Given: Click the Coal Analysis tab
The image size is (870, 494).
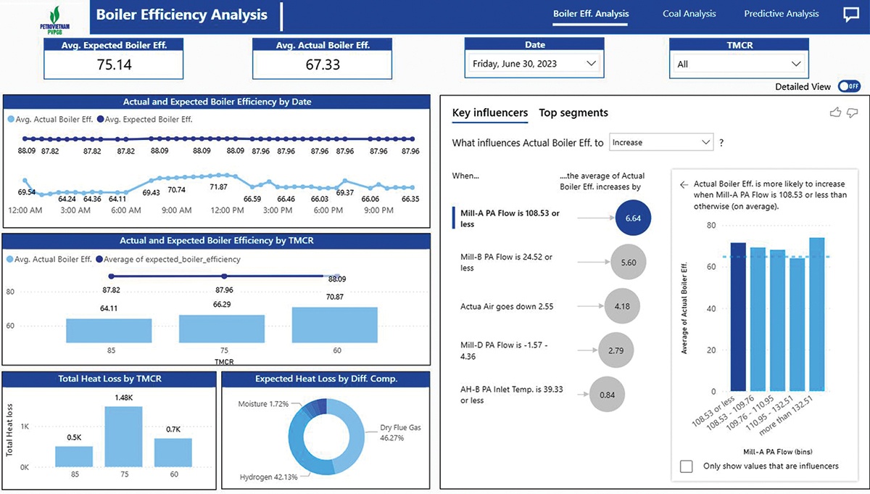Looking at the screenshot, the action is (x=689, y=14).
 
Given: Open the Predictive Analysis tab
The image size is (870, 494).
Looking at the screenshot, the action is (x=781, y=14).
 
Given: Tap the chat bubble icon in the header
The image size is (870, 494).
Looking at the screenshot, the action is (x=851, y=15).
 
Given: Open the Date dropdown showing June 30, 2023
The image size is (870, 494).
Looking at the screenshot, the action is (x=534, y=64).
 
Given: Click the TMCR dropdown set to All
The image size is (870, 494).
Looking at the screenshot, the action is (x=739, y=64).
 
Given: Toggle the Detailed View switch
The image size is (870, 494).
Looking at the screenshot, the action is (x=850, y=86).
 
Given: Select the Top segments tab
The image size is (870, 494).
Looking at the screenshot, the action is (x=573, y=112).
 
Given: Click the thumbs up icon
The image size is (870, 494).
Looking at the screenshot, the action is (x=835, y=112).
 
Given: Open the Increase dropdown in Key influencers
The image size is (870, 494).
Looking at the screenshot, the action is (x=661, y=142).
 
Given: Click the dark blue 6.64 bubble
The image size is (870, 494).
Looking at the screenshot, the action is (x=633, y=218).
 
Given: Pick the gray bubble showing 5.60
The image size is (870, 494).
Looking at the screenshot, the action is (x=629, y=262).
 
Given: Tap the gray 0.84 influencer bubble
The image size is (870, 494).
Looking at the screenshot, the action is (x=607, y=395).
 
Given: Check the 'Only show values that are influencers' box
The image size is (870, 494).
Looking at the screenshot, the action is (x=687, y=466).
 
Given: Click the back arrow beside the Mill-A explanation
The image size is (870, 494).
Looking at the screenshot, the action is (x=684, y=185).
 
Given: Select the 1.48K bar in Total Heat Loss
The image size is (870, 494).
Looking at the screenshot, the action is (x=124, y=437).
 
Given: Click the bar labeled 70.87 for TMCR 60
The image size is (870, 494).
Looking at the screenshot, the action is (x=334, y=325).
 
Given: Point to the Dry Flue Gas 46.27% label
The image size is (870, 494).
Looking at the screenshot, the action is (x=400, y=432).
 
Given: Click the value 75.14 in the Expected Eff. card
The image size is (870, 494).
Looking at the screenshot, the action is (x=115, y=65).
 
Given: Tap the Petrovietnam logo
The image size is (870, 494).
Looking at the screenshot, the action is (x=54, y=20).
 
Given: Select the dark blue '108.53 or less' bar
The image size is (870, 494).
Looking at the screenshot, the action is (x=738, y=317).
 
